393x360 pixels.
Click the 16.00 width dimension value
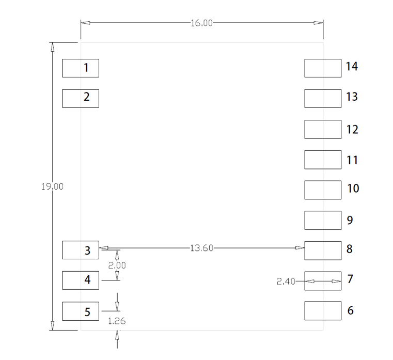pyautogui.click(x=201, y=23)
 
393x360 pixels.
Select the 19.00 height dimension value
pyautogui.click(x=52, y=186)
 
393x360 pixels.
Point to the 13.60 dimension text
pyautogui.click(x=201, y=248)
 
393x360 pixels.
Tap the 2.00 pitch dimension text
pyautogui.click(x=117, y=265)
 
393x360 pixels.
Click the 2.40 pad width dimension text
pyautogui.click(x=286, y=281)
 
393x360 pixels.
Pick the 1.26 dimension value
pyautogui.click(x=117, y=321)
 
